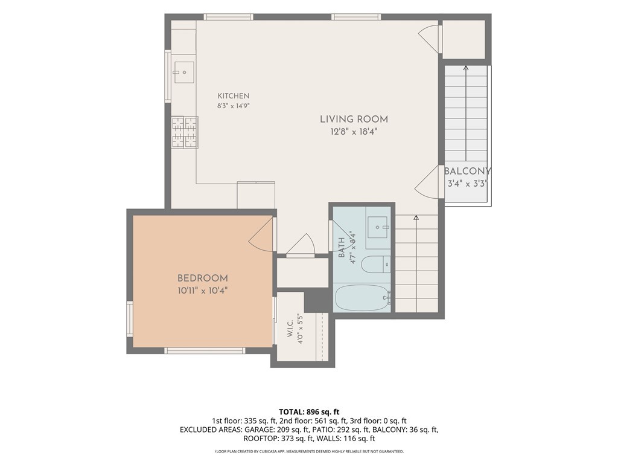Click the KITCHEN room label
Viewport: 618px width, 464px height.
pos(234,96)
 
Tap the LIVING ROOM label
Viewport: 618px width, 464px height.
pos(354,119)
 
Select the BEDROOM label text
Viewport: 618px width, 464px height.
pos(203,278)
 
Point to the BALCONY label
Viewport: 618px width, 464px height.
pos(468,171)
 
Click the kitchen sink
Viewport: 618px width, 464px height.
pos(184,72)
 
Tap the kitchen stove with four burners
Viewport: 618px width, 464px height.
pos(185,132)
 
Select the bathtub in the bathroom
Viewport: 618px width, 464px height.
pos(363,298)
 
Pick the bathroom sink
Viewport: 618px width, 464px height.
pos(378,227)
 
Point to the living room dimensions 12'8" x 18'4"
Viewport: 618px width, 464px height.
pos(354,132)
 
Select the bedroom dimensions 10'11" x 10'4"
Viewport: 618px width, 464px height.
pos(203,291)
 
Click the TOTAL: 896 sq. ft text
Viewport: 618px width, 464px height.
pos(309,412)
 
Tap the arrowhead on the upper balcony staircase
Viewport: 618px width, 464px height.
pos(466,68)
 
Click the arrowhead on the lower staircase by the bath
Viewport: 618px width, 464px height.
pos(416,217)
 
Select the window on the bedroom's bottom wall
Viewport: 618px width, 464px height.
pos(205,350)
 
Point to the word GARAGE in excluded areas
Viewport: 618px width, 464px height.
pos(258,430)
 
